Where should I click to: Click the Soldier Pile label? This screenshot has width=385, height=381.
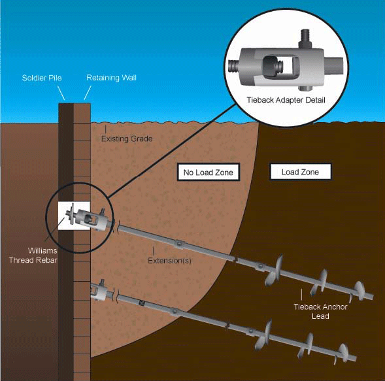(42, 78)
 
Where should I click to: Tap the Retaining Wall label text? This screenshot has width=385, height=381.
(111, 78)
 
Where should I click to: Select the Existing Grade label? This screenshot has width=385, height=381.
(127, 139)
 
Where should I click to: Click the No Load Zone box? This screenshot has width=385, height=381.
(209, 172)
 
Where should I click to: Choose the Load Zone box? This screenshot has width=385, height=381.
(300, 172)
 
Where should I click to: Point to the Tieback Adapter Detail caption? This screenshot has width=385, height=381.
(286, 100)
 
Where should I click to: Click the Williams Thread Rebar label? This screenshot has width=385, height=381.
(33, 256)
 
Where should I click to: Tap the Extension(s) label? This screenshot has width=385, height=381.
(169, 261)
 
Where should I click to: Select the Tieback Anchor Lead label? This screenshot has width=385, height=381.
(320, 311)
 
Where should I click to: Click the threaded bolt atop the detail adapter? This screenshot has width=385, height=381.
(305, 39)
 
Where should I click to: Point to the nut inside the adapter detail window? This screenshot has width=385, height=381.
(269, 65)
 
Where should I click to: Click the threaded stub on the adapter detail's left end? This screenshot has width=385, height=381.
(233, 66)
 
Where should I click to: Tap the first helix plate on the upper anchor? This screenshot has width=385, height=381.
(274, 271)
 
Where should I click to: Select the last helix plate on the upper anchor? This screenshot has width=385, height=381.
(358, 291)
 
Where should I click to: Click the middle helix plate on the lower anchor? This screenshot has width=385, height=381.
(306, 346)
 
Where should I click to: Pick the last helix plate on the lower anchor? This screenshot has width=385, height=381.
(343, 354)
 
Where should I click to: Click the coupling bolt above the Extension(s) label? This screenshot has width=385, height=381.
(180, 244)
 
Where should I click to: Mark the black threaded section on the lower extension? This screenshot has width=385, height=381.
(142, 303)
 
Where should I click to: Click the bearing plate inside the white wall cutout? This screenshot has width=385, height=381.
(72, 214)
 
